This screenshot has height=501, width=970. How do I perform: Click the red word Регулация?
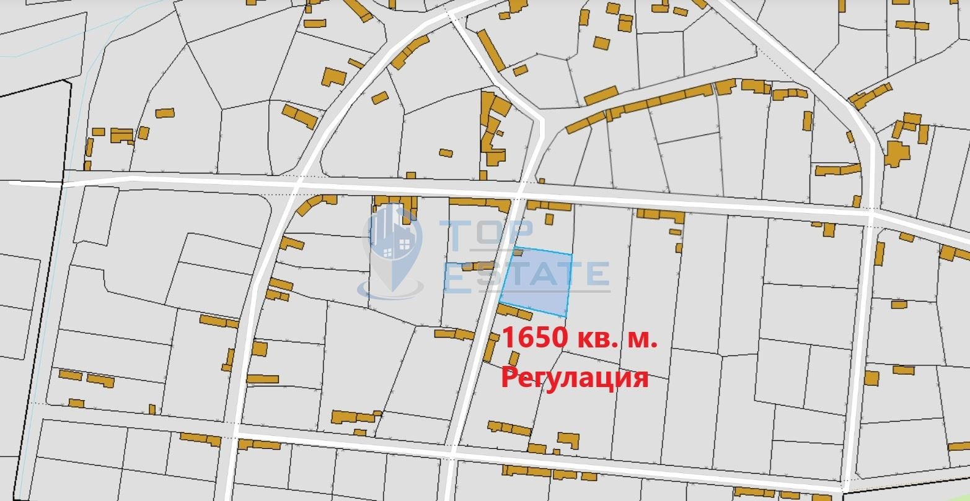coord(575,377)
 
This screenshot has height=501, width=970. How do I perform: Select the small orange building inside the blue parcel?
coord(517,252)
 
